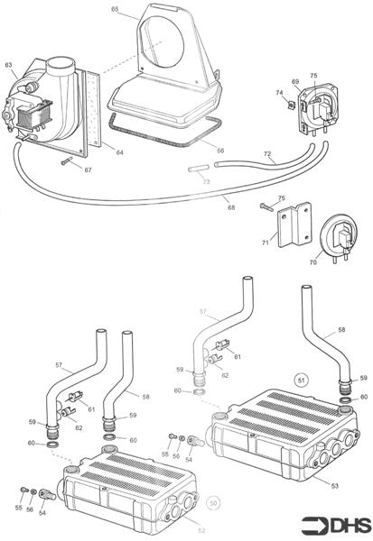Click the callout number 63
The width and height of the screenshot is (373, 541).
[8, 65]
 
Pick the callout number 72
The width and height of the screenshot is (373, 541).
[266, 156]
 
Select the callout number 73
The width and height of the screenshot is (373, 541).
[206, 182]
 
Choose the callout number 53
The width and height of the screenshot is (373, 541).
[334, 487]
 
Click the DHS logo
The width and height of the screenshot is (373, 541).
[333, 524]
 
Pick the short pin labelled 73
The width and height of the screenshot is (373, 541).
[200, 169]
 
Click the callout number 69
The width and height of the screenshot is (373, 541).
[294, 82]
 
